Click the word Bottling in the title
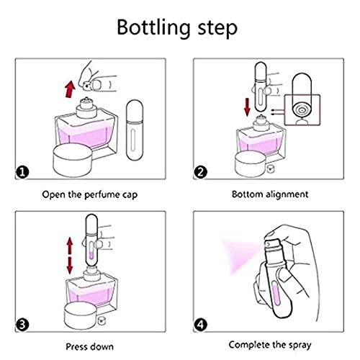[x=153, y=28]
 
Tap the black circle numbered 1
[x=22, y=172]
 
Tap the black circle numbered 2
[x=201, y=172]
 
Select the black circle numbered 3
[x=22, y=325]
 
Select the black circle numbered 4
[x=201, y=325]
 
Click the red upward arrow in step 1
[x=70, y=89]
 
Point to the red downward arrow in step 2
[x=247, y=107]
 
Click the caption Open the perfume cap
[x=90, y=194]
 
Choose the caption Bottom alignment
[x=270, y=194]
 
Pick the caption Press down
[x=90, y=346]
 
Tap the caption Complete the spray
[x=270, y=345]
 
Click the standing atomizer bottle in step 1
[x=135, y=130]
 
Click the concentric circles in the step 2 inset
[x=302, y=111]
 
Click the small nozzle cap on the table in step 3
[x=102, y=320]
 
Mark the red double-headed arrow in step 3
[x=70, y=256]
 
